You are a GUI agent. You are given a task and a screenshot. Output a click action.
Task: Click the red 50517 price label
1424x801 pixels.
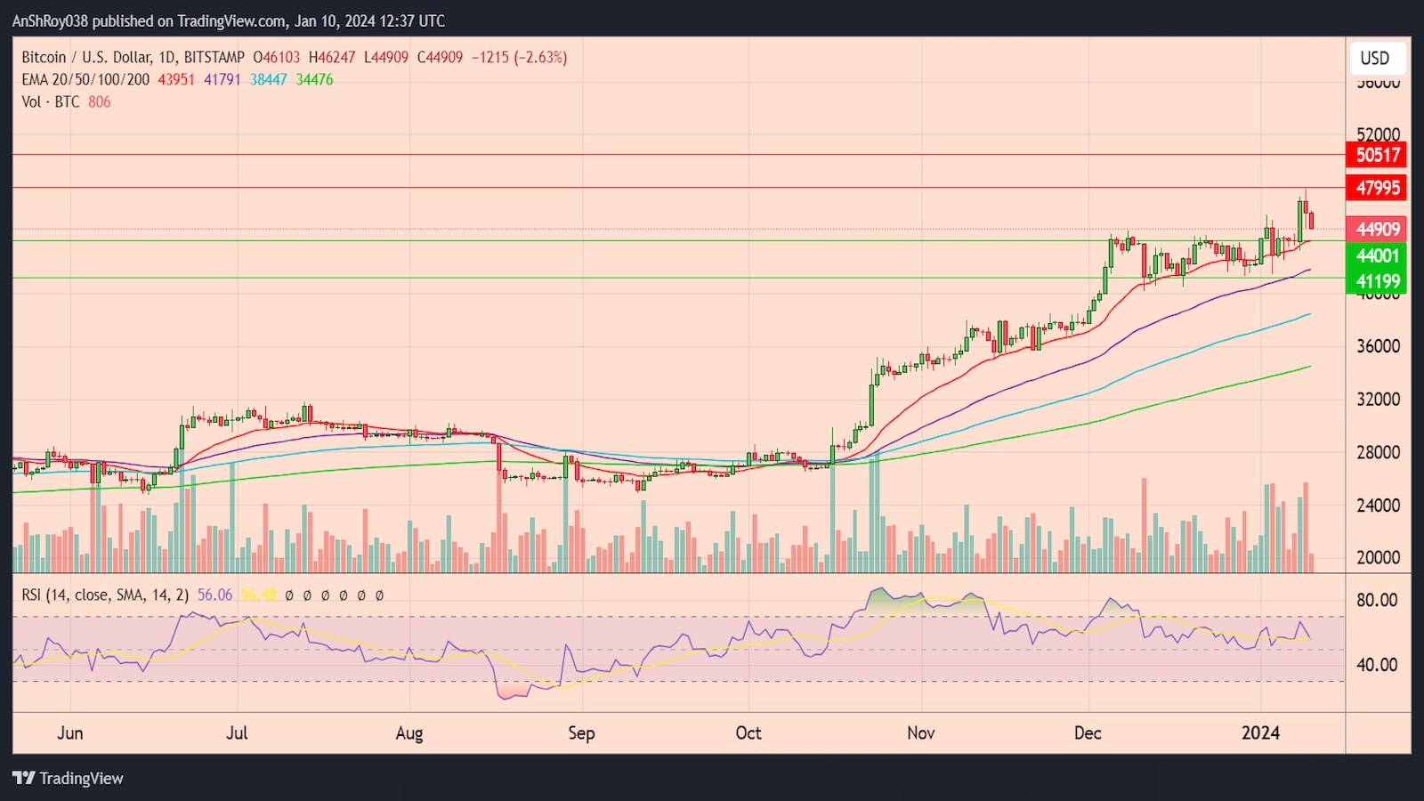point(1377,155)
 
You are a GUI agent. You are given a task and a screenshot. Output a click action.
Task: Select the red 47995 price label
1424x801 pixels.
point(1377,188)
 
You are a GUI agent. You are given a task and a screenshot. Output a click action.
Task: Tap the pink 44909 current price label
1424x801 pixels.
point(1377,230)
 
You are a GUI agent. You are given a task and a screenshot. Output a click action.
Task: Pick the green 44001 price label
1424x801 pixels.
point(1377,256)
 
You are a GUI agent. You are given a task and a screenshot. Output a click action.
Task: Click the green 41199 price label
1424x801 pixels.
point(1377,282)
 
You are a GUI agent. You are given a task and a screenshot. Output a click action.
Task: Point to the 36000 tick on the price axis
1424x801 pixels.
point(1378,346)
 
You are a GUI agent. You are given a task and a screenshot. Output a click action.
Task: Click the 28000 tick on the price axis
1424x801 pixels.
point(1378,452)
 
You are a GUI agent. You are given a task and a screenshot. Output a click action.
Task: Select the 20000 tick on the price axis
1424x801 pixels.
point(1378,558)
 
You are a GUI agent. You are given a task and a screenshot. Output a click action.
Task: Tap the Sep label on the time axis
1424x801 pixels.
point(581,733)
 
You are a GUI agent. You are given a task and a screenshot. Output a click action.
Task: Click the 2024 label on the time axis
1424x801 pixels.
point(1260,733)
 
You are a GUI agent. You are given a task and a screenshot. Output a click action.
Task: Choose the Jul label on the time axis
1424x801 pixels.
point(237,733)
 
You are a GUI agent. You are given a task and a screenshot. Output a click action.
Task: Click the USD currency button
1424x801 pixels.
point(1375,59)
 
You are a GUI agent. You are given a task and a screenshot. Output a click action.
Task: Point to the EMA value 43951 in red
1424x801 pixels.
point(176,80)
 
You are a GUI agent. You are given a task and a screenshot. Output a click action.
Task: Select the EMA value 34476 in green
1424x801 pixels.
point(314,80)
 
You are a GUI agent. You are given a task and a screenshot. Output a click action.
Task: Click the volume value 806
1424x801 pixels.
point(100,102)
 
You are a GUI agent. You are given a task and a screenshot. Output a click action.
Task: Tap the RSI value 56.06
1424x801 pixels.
point(214,595)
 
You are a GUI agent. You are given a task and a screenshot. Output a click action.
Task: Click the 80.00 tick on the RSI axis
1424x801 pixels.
point(1377,601)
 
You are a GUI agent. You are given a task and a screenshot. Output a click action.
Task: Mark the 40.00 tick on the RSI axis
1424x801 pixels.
point(1377,665)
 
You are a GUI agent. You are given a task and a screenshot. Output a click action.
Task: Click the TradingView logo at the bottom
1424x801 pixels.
point(69,779)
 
